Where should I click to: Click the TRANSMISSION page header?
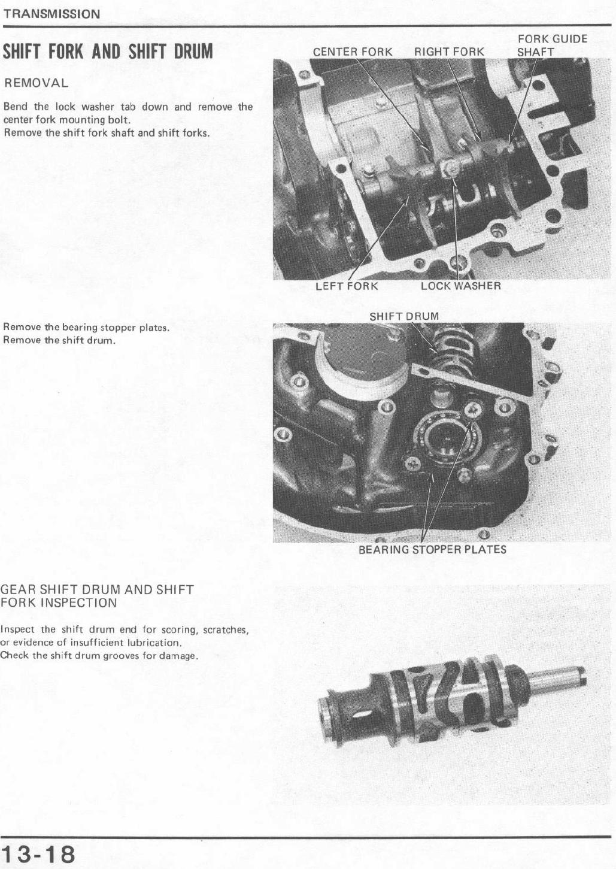(x=51, y=14)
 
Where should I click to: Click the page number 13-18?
(x=38, y=853)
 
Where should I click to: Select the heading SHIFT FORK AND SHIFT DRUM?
(x=108, y=52)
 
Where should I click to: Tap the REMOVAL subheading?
(x=36, y=83)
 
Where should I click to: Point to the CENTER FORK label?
(x=353, y=52)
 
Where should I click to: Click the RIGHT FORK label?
(x=450, y=52)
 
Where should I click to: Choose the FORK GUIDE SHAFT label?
(x=553, y=45)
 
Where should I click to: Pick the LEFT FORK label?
(x=347, y=286)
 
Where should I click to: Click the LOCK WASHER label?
(x=461, y=286)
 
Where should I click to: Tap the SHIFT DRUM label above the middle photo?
(x=404, y=316)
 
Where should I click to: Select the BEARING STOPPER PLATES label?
(x=432, y=550)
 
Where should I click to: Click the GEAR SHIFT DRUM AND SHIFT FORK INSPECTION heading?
(x=98, y=597)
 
